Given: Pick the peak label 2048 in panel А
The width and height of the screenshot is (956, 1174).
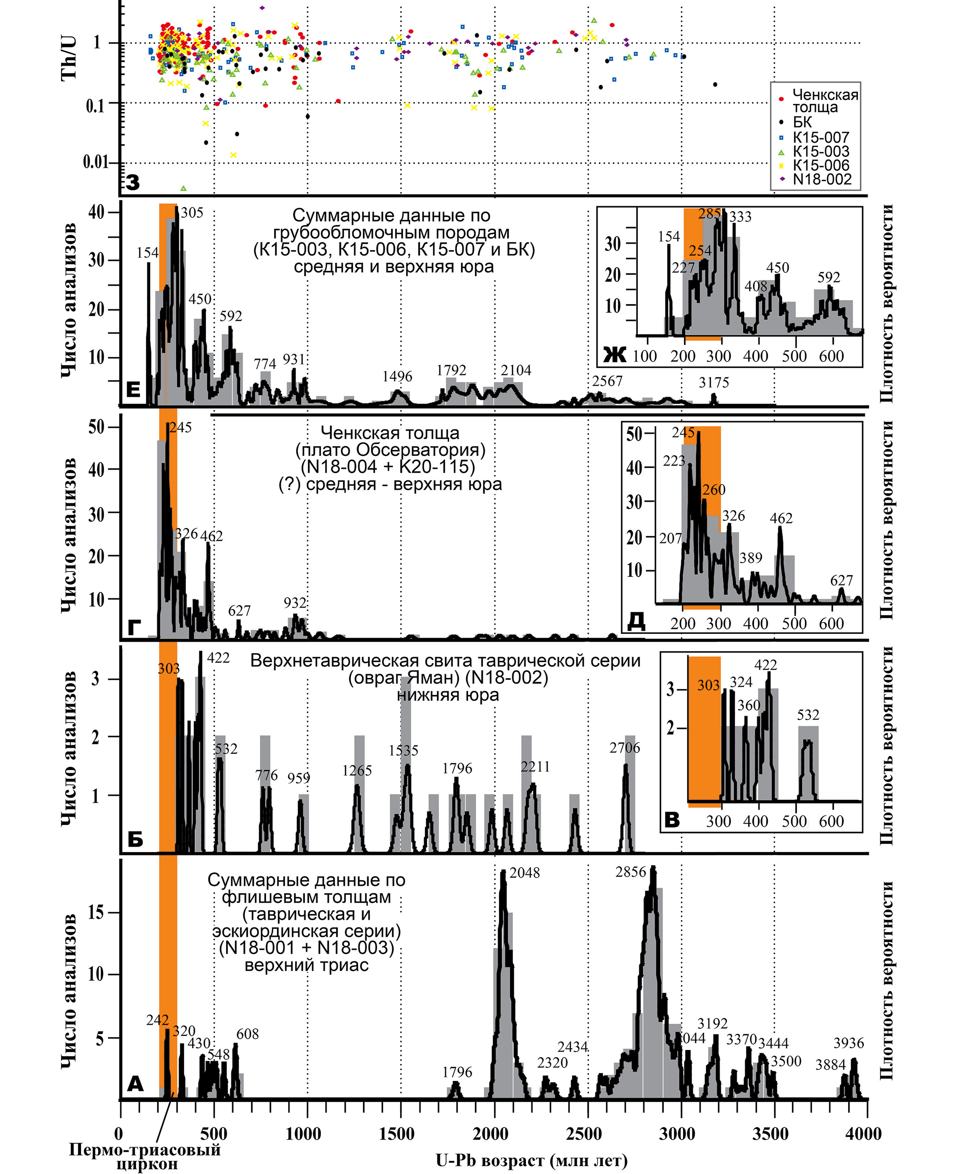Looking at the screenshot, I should pyautogui.click(x=524, y=873).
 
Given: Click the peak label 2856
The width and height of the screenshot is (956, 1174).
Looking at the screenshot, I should pyautogui.click(x=630, y=872).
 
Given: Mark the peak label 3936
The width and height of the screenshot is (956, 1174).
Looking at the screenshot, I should pyautogui.click(x=849, y=1043).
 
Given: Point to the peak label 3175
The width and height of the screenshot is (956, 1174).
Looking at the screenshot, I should pyautogui.click(x=714, y=382).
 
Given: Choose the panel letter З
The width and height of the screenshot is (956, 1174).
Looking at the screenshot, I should pyautogui.click(x=133, y=182).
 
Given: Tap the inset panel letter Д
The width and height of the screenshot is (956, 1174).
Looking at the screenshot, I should pyautogui.click(x=636, y=621).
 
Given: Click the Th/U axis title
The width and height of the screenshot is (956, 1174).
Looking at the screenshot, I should pyautogui.click(x=69, y=58).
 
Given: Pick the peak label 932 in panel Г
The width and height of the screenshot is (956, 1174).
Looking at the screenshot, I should pyautogui.click(x=295, y=602).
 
